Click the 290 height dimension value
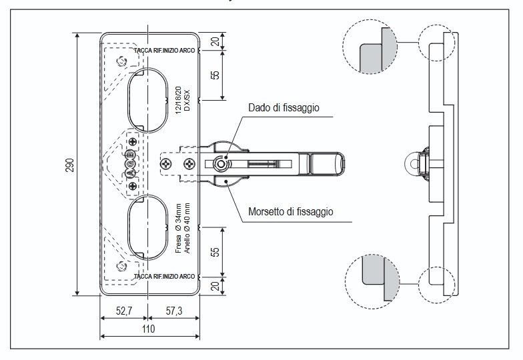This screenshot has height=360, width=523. pos(69,165)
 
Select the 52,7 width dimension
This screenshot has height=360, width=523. pos(124,311)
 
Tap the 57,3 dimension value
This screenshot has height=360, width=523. pos(174,311)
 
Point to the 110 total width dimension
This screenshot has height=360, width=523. pos(148,329)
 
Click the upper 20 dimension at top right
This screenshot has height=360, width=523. pos(215,41)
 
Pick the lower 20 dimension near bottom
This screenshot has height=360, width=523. pos(215,286)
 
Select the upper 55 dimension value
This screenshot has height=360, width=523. pos(215,75)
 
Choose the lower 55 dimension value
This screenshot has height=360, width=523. pos(215,252)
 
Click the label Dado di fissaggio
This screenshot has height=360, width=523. pos(284,108)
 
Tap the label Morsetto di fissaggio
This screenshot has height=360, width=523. pos(291,212)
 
